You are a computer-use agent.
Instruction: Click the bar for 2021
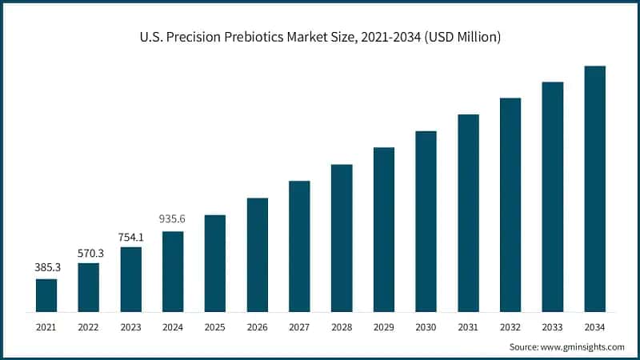46,295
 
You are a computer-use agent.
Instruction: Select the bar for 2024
173,271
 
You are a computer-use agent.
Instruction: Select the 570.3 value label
89,253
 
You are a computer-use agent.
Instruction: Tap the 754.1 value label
130,237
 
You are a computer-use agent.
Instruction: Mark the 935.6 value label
173,222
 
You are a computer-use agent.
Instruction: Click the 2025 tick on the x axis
215,327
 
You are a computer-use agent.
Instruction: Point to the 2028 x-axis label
342,327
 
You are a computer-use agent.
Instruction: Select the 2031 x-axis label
468,327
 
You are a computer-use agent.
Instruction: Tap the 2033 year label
552,327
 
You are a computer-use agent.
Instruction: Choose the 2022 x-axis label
89,327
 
